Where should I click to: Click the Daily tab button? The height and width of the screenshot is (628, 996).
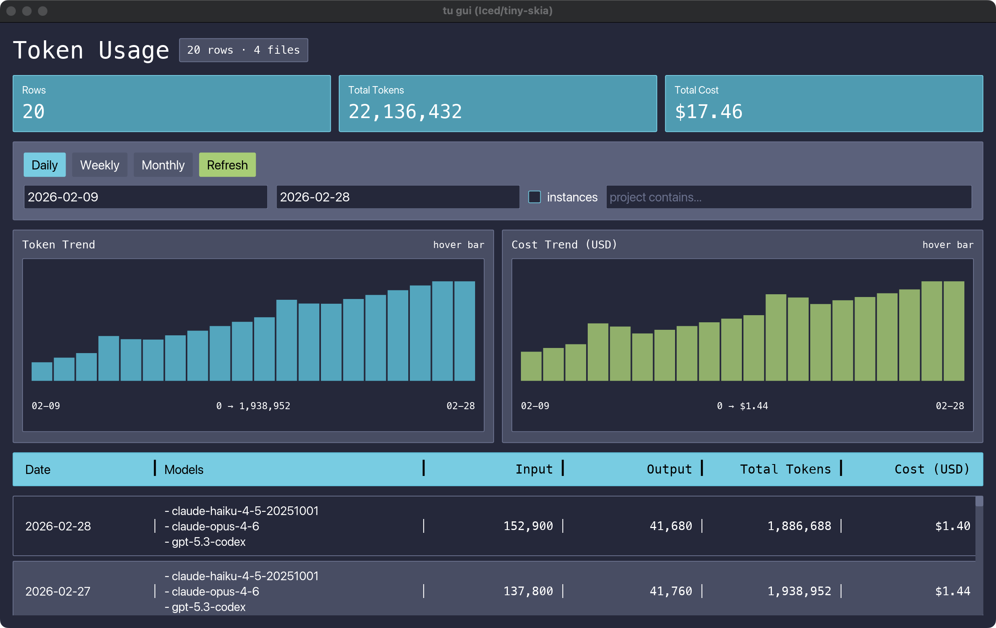44,165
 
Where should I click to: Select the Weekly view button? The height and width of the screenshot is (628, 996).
99,165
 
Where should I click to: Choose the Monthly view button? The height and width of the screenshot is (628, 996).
163,165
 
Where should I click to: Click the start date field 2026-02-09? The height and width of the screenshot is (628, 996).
145,197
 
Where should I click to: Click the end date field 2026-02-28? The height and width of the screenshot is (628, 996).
397,197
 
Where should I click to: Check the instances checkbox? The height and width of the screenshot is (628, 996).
534,197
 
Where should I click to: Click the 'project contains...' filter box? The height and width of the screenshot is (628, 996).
788,197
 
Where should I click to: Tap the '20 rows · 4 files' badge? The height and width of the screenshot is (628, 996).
243,50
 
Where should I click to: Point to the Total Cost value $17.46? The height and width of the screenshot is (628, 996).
708,112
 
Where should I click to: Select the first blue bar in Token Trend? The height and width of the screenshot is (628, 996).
42,371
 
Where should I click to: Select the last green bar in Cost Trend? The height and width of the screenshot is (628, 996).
953,331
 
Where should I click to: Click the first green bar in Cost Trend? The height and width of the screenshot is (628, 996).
531,366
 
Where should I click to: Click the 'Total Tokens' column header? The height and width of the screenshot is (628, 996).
785,469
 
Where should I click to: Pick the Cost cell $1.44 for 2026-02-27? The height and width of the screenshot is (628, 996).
952,591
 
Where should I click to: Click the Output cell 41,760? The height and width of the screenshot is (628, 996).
670,591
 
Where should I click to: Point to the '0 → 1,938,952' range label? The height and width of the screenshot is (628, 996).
253,406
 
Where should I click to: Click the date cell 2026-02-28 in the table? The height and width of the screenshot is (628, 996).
58,526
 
